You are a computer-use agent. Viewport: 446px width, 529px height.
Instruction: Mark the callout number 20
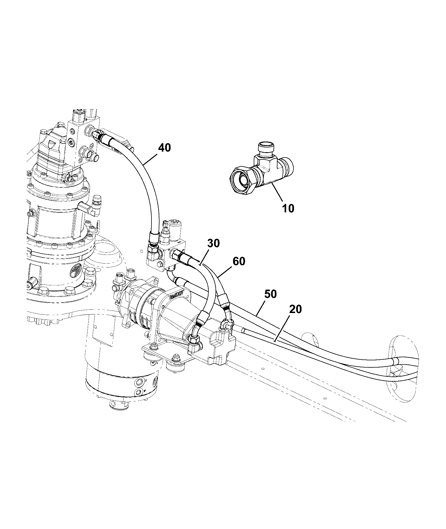click(x=295, y=309)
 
